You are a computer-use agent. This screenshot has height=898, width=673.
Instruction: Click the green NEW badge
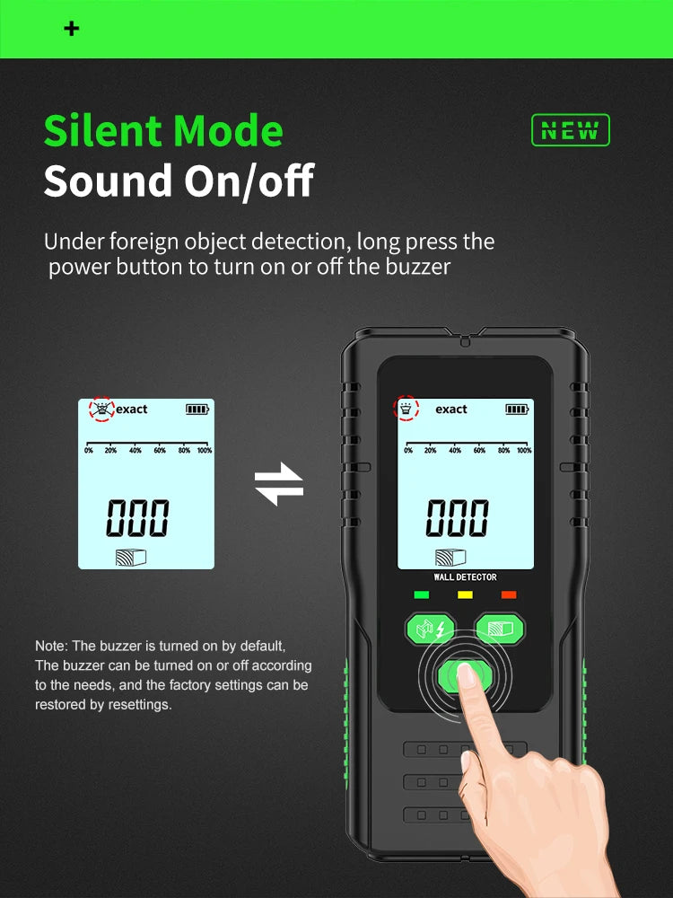[x=571, y=130]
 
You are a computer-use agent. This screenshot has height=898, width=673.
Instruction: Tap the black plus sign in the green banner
[x=72, y=29]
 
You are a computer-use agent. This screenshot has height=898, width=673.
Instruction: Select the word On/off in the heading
[x=249, y=181]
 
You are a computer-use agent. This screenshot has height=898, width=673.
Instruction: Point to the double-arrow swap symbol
[x=279, y=485]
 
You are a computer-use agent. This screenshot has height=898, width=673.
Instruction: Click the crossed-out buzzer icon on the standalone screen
[x=102, y=409]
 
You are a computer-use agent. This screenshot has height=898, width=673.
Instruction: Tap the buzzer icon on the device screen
[x=406, y=409]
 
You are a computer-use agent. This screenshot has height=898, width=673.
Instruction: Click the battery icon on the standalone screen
[x=197, y=409]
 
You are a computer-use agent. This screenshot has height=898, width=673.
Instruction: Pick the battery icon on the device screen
[x=517, y=409]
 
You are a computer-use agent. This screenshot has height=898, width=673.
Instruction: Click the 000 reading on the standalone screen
[x=138, y=518]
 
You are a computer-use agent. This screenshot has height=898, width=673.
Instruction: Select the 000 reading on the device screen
[x=458, y=518]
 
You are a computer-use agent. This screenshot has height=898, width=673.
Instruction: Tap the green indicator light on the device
[x=421, y=594]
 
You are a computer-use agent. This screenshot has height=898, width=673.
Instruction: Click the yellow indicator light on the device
[x=465, y=594]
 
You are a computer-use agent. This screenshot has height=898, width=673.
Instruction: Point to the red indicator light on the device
[x=509, y=594]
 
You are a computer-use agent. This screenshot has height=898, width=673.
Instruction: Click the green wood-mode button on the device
[x=500, y=629]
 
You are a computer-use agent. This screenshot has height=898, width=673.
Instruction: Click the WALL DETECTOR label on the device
[x=465, y=577]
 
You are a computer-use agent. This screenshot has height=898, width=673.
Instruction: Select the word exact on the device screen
[x=451, y=409]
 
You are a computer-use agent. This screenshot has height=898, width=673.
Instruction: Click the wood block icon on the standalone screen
[x=131, y=558]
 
